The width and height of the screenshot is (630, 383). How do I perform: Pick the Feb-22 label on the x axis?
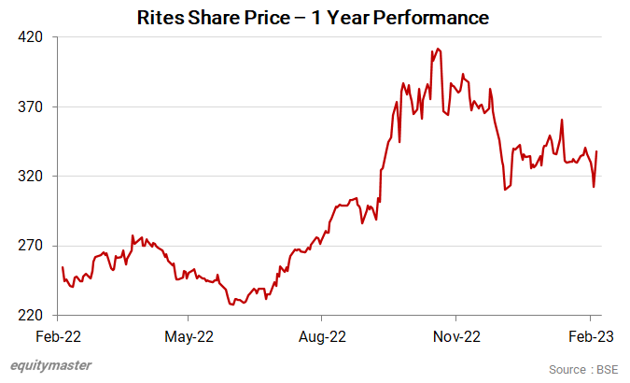tap(58, 334)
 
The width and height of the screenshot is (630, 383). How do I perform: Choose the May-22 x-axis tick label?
tap(189, 334)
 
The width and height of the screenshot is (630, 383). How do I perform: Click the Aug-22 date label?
tap(323, 334)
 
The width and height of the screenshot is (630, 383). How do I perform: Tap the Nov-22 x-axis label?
tap(457, 334)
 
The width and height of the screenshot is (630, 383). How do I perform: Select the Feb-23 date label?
tap(589, 334)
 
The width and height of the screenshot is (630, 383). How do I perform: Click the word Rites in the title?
tap(161, 17)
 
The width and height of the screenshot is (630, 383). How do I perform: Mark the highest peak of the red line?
tap(438, 49)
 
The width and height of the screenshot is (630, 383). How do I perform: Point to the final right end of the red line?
tap(596, 151)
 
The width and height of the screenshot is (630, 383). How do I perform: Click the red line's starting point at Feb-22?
tap(62, 268)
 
